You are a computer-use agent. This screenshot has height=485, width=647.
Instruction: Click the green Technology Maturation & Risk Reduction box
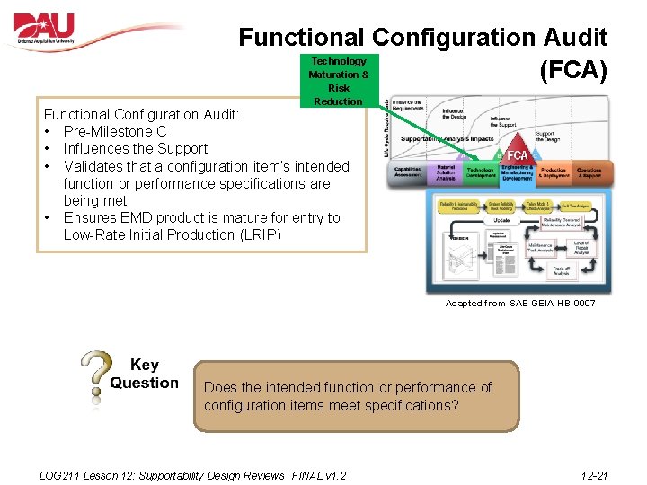click(339, 81)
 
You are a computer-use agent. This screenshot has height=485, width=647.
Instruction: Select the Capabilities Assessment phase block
click(408, 172)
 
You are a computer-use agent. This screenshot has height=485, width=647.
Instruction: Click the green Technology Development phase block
click(481, 172)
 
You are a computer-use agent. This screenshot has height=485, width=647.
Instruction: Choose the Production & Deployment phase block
click(554, 172)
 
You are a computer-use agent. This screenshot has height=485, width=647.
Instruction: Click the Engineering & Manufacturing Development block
click(518, 173)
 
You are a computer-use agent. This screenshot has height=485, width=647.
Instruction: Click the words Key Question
click(144, 374)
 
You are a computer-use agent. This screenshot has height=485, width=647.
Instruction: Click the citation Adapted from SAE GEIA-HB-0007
click(520, 304)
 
